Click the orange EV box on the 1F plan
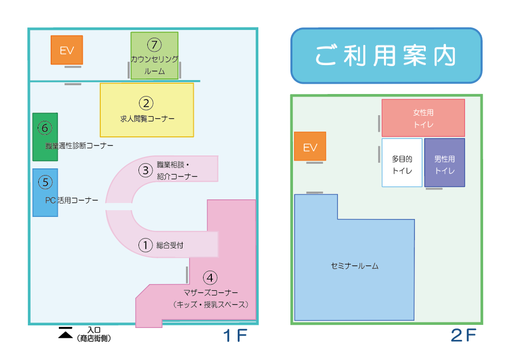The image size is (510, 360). (67, 50)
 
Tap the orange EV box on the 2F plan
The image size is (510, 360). (310, 147)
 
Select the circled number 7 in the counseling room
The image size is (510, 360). (154, 45)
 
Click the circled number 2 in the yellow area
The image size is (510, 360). (147, 103)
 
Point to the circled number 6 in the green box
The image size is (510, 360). (45, 127)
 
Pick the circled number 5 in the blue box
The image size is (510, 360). (45, 182)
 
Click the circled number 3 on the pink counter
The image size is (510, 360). (146, 169)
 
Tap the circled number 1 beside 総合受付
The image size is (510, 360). (146, 245)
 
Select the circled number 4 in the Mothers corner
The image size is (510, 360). (209, 278)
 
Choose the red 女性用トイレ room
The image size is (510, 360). (423, 118)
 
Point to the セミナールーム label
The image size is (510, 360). (354, 267)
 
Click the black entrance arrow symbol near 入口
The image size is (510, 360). (65, 333)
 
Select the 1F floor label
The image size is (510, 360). (235, 336)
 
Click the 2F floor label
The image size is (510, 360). (463, 336)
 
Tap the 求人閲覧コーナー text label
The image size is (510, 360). (147, 119)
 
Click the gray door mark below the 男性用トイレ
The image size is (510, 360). (434, 189)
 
